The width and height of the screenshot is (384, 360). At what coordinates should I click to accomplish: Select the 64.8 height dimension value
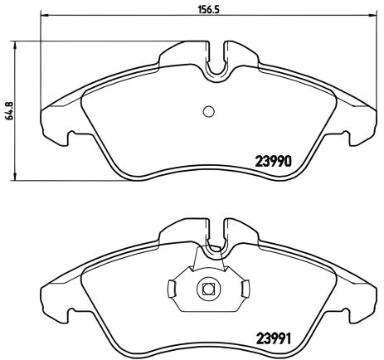point(10,111)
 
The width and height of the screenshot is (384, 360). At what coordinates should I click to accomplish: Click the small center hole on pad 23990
point(208,113)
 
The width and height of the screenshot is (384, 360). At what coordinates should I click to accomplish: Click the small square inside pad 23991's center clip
point(208,289)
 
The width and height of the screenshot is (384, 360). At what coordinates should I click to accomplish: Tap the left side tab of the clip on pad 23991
point(170,289)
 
